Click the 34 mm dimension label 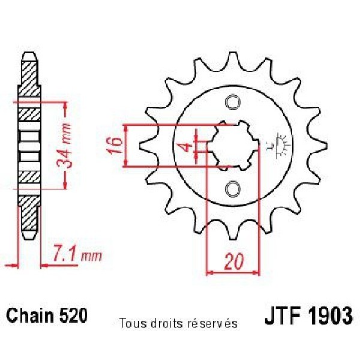point(64,146)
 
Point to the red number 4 point(188,147)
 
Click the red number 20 point(234,262)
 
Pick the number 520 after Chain point(74,315)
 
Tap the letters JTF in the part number point(283,316)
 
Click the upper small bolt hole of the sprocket point(233,102)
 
